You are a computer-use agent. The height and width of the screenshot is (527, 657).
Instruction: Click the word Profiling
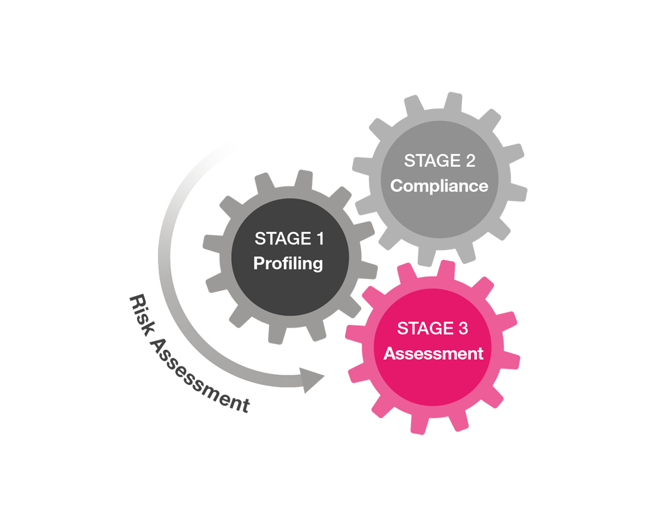(288, 263)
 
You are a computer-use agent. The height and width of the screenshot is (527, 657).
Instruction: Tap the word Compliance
(439, 186)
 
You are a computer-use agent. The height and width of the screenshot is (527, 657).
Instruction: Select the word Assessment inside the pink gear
(433, 354)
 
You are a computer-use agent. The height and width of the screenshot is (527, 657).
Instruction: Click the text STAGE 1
(289, 239)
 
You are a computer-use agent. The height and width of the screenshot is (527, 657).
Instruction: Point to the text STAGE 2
(439, 160)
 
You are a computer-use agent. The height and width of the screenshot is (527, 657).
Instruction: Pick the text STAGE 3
(432, 329)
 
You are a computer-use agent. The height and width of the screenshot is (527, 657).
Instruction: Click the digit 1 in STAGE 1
(321, 239)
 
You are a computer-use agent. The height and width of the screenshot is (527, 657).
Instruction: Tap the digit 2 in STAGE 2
(471, 160)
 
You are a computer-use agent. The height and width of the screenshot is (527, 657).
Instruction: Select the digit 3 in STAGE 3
(463, 329)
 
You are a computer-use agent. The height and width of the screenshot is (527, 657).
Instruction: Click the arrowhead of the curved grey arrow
(311, 380)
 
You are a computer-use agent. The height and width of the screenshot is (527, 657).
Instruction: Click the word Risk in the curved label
(142, 315)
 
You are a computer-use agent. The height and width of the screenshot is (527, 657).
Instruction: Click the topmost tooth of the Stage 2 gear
(453, 102)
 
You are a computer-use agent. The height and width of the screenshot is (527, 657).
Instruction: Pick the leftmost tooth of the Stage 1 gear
(213, 244)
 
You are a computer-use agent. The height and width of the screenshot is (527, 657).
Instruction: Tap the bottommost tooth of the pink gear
(419, 423)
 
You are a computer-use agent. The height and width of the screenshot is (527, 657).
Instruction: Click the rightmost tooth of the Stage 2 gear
(518, 193)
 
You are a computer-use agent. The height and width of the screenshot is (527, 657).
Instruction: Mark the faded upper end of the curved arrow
(228, 145)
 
